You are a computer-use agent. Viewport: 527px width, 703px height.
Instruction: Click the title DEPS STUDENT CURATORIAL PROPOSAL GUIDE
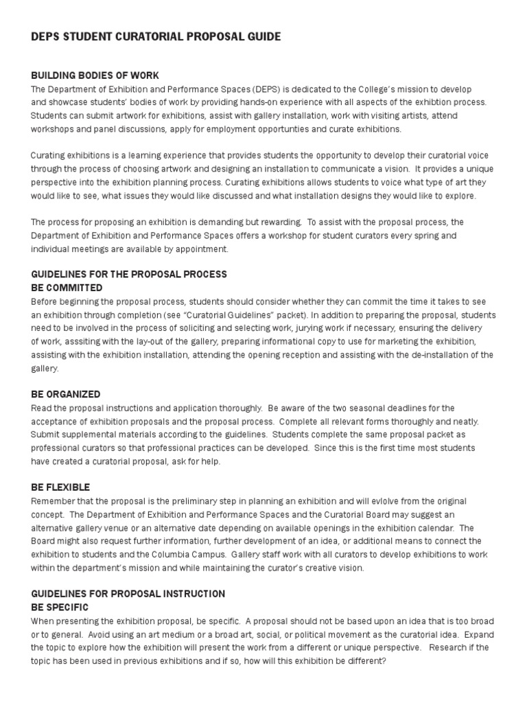(156, 36)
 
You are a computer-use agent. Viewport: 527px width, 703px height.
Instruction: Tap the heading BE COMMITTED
(67, 288)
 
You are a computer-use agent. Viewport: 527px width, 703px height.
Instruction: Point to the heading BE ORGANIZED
(66, 394)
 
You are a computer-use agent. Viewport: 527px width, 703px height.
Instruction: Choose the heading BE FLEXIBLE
(60, 487)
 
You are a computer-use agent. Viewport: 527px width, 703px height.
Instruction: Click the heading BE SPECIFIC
(60, 607)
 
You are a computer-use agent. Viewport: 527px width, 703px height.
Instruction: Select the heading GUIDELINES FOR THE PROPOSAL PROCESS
(129, 275)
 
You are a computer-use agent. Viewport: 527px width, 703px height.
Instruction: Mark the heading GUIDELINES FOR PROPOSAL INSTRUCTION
(128, 593)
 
